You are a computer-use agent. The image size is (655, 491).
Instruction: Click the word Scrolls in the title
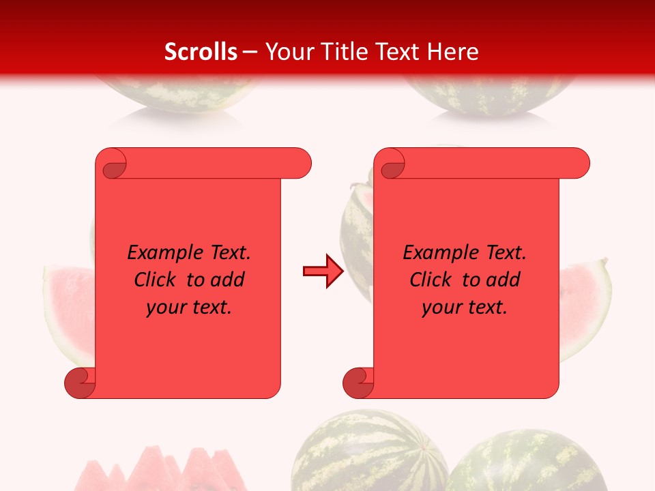coord(201,52)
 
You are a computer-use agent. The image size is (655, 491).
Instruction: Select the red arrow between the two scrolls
coord(323,271)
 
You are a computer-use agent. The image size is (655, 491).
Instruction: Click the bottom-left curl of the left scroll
coord(80,383)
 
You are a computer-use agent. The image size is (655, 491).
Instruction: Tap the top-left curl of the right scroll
coord(392,165)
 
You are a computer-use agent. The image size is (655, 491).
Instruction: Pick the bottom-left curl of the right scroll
coord(358,383)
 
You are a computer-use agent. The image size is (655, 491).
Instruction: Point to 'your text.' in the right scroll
coord(465,308)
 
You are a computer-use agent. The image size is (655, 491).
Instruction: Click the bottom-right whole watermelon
coord(525,464)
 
